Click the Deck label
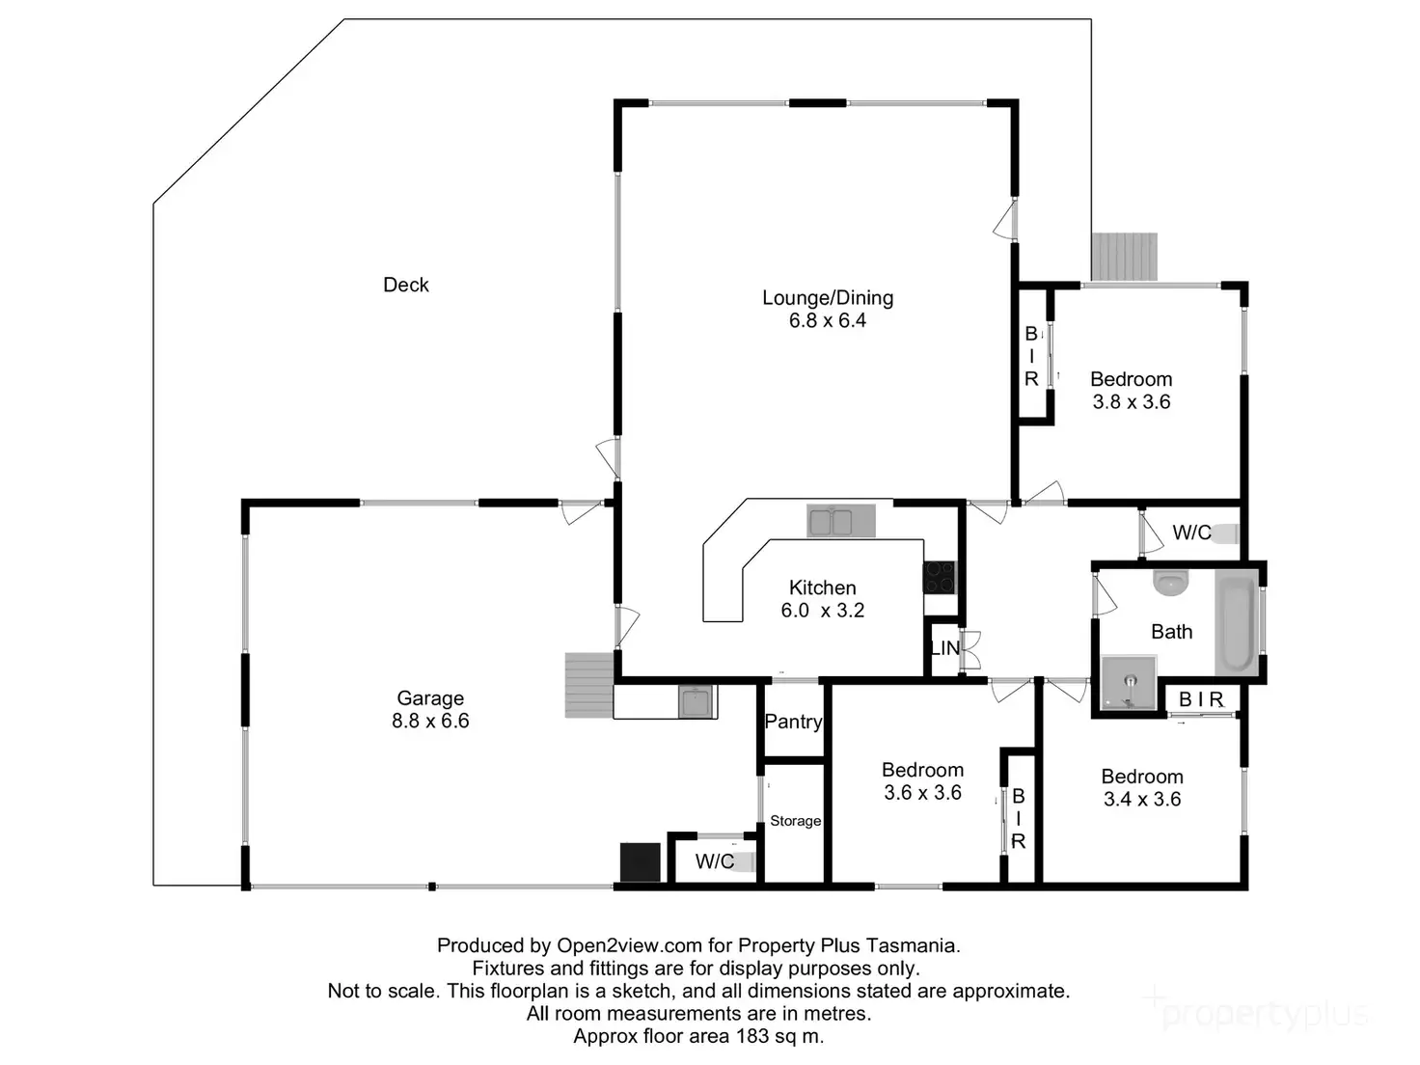click(x=405, y=285)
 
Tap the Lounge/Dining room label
click(x=828, y=298)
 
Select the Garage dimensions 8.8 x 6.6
click(x=430, y=722)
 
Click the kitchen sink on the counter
click(x=831, y=522)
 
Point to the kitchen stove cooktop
click(x=939, y=578)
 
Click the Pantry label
click(x=793, y=722)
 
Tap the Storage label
click(x=795, y=821)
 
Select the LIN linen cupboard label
click(x=944, y=648)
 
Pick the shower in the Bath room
click(x=1129, y=684)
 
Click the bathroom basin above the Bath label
click(x=1171, y=582)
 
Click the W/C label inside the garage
click(x=714, y=861)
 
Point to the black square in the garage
click(x=640, y=861)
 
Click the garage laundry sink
click(x=696, y=701)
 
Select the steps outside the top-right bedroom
click(x=1124, y=257)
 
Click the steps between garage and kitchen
click(x=588, y=685)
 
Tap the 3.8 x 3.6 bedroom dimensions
click(x=1131, y=402)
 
